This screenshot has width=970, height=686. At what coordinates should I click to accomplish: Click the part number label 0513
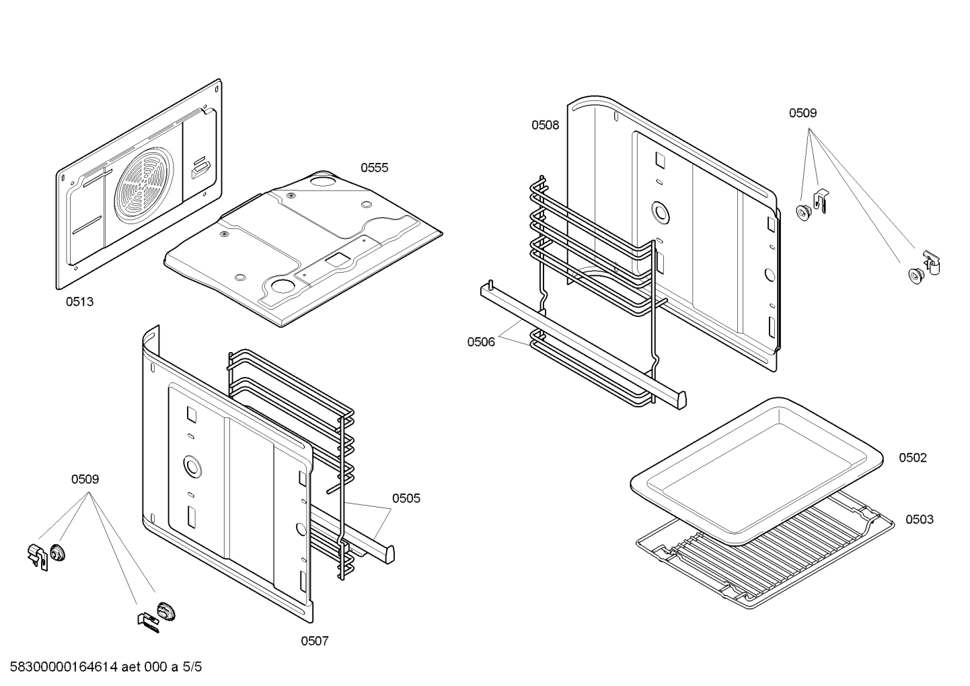[79, 302]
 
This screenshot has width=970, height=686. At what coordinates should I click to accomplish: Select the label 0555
[374, 168]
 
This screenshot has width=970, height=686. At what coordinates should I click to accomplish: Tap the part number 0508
[545, 125]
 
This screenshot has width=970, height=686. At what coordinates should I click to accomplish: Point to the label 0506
[481, 342]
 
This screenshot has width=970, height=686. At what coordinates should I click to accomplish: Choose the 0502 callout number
[912, 458]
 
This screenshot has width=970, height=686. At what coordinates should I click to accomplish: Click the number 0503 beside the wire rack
[919, 519]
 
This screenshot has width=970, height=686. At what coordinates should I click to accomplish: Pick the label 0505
[406, 498]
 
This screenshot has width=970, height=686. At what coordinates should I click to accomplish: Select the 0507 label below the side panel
[314, 641]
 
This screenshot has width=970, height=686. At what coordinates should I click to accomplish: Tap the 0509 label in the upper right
[803, 113]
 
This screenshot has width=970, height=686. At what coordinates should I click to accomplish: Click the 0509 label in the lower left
[85, 479]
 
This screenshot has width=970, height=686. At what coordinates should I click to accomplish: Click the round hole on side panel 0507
[192, 465]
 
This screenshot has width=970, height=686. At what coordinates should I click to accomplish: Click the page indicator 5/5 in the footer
[192, 667]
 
